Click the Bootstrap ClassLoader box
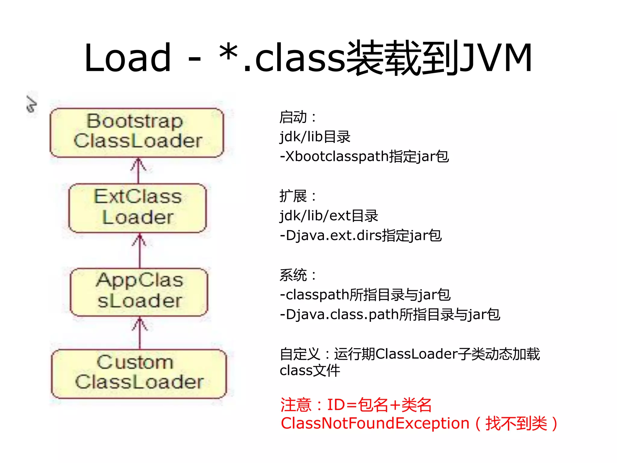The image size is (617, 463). (137, 133)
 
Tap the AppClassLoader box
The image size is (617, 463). (139, 292)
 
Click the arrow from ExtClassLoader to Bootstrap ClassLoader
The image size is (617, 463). (138, 171)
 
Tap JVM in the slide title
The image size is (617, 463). (496, 58)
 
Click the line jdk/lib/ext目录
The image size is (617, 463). (328, 216)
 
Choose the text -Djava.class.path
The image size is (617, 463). (339, 315)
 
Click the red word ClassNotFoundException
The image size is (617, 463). (375, 424)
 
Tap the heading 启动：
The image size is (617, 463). (297, 117)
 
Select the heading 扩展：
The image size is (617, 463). (297, 196)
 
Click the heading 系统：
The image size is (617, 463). (297, 275)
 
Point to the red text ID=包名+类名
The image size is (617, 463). (380, 405)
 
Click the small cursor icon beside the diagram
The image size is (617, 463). (31, 104)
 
